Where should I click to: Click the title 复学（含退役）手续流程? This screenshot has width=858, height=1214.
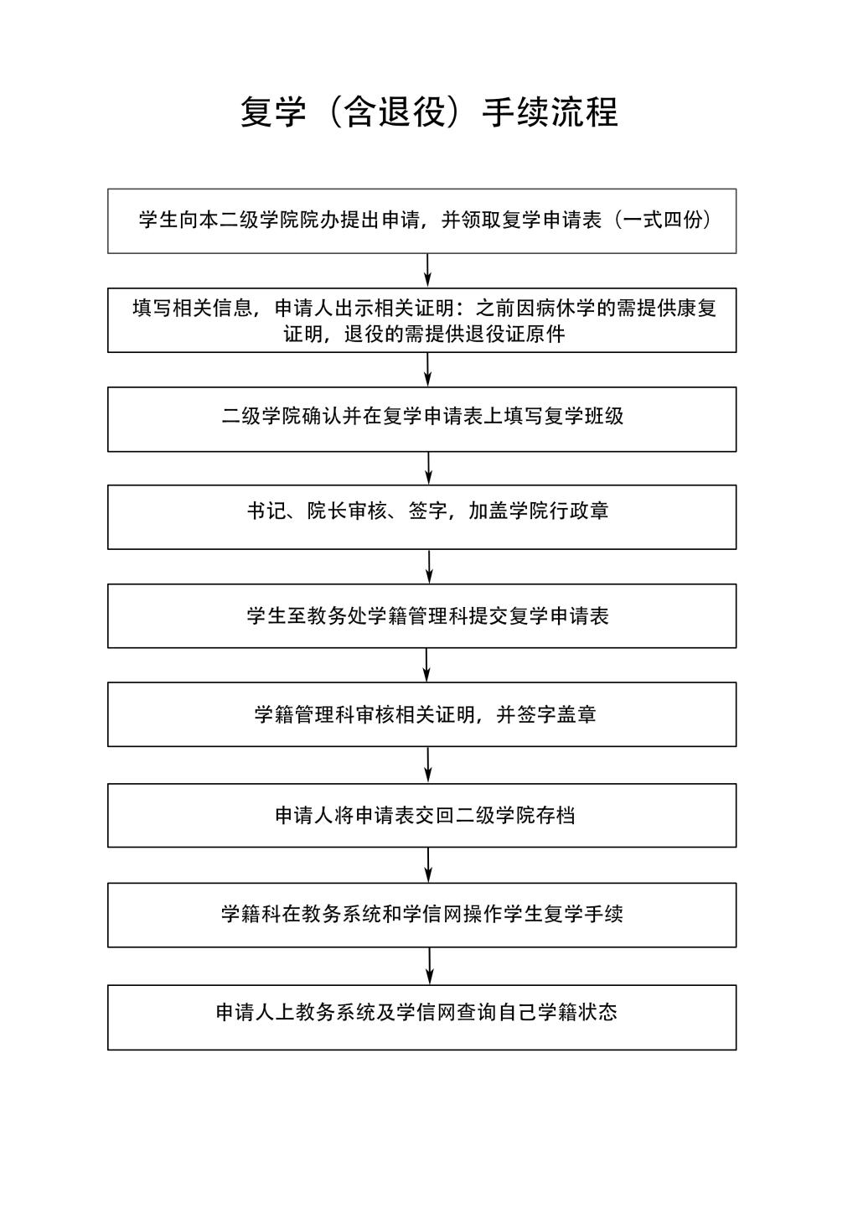pyautogui.click(x=429, y=112)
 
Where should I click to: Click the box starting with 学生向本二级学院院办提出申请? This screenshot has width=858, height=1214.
pyautogui.click(x=422, y=221)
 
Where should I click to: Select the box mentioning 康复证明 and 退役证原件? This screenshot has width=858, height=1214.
pyautogui.click(x=422, y=320)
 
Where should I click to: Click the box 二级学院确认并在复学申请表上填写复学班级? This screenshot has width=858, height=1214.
pyautogui.click(x=422, y=419)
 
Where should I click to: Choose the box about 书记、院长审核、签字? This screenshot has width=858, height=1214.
pyautogui.click(x=422, y=517)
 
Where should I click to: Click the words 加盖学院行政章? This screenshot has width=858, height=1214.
pyautogui.click(x=539, y=511)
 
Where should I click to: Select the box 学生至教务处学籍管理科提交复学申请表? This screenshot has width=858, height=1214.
pyautogui.click(x=422, y=616)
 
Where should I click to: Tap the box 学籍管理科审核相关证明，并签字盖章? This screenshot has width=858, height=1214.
pyautogui.click(x=422, y=715)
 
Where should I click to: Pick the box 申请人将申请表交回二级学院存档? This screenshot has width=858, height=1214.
pyautogui.click(x=422, y=816)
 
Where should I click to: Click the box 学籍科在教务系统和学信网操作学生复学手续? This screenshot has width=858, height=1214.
pyautogui.click(x=422, y=916)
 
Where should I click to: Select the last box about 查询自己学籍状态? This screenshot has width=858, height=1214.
pyautogui.click(x=422, y=1018)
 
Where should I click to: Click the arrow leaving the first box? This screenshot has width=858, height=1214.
pyautogui.click(x=428, y=271)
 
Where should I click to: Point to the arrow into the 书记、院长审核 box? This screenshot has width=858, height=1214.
pyautogui.click(x=429, y=469)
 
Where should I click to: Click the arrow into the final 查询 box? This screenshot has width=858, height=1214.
pyautogui.click(x=430, y=967)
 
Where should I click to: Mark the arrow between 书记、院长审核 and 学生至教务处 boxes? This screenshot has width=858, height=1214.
pyautogui.click(x=430, y=567)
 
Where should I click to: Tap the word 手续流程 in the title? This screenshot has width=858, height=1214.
pyautogui.click(x=550, y=112)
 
